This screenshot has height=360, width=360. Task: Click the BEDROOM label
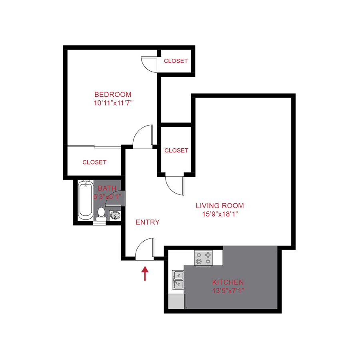coord(113,94)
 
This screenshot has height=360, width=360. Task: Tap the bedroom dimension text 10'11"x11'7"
coord(113,103)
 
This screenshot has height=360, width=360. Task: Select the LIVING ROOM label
coord(220,206)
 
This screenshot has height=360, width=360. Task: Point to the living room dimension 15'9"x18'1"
coord(220,214)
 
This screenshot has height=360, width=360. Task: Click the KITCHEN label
coord(228,282)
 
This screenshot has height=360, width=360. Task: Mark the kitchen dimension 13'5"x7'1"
coord(228,290)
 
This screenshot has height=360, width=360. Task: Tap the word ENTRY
coord(148,222)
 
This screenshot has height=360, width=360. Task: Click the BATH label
coord(107,188)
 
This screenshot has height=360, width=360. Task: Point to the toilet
coord(101,214)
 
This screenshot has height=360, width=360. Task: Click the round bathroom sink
coord(115,216)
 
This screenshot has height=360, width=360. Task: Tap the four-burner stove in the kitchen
coord(203,258)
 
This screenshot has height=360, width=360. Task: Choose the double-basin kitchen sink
coord(178,280)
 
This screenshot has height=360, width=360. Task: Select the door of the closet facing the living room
coord(175,185)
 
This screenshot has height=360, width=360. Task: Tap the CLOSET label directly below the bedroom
coord(94,162)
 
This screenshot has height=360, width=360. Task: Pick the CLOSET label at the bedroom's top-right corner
coord(176,61)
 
